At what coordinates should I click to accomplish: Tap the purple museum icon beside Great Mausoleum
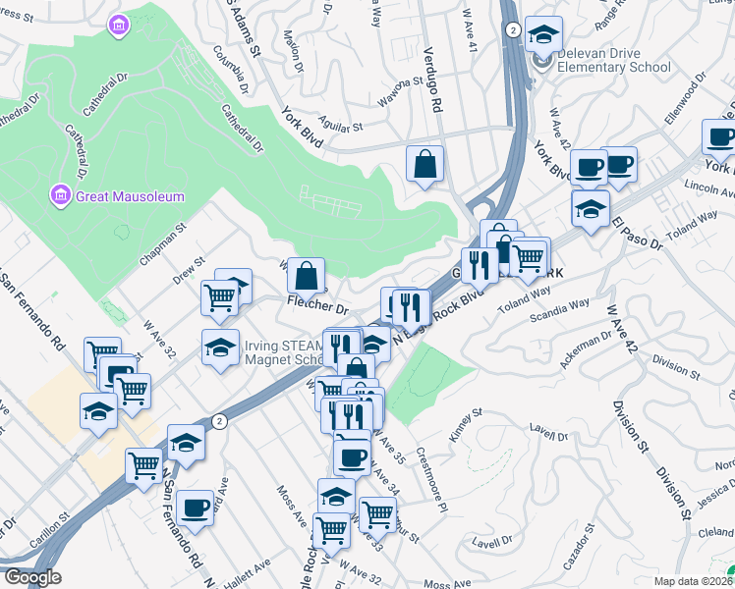[59, 196]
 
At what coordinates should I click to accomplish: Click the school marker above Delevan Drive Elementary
[542, 36]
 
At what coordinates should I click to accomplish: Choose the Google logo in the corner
[31, 577]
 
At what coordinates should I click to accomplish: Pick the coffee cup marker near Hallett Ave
[196, 508]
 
